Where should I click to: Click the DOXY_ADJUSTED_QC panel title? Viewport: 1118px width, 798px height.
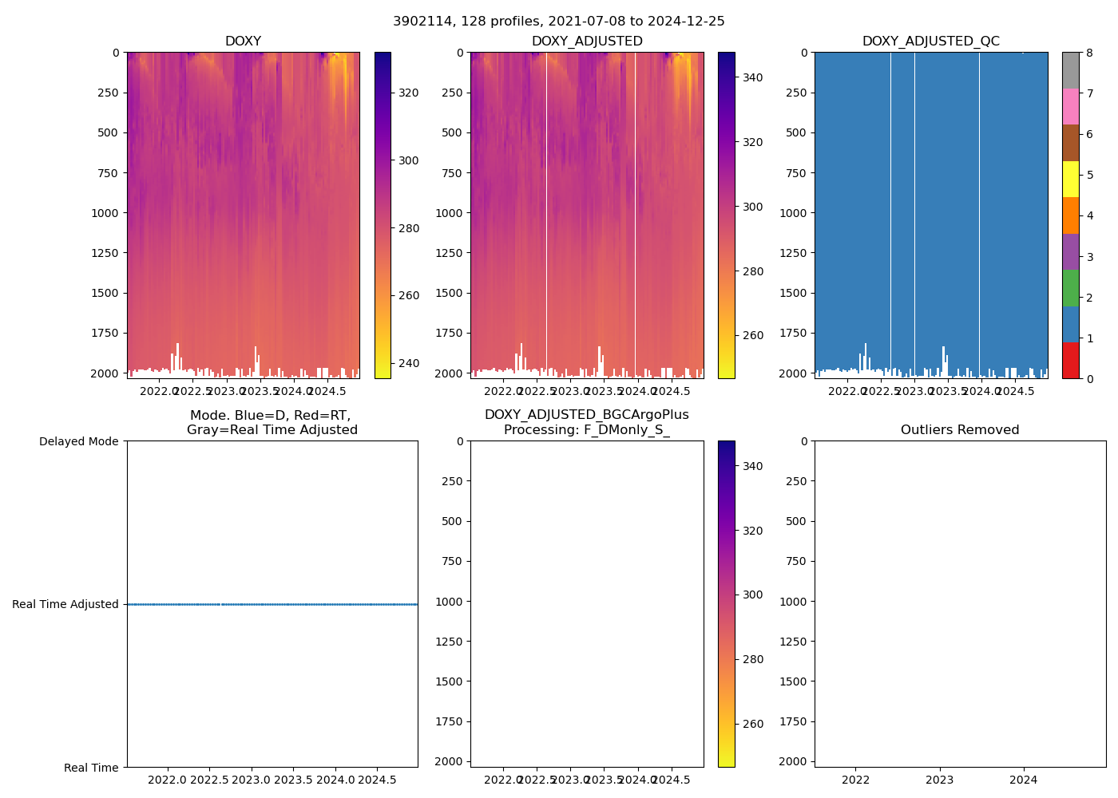point(930,41)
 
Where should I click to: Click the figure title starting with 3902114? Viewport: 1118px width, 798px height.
point(559,22)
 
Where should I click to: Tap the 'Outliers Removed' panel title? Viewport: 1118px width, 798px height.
point(960,430)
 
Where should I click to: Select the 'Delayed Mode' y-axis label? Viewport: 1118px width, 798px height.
point(78,441)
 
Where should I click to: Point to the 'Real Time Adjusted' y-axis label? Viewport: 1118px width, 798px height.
point(65,604)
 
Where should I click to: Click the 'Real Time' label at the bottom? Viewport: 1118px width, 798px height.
point(91,768)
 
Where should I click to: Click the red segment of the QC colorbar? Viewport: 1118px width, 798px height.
point(1070,361)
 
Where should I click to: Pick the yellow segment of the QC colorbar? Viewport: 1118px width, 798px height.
point(1070,179)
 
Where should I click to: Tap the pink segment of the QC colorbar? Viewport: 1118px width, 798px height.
point(1070,106)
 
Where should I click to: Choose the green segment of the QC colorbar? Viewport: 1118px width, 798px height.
point(1070,288)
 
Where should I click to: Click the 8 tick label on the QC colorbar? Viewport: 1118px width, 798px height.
point(1088,53)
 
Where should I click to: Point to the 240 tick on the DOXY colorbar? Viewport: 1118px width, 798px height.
point(409,363)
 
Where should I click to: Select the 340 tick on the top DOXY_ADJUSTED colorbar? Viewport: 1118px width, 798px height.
point(752,77)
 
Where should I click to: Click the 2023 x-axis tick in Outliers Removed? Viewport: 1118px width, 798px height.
point(939,779)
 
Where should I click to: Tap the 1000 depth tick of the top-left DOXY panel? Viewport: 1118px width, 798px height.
point(105,213)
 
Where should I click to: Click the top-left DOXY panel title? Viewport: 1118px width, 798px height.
point(243,41)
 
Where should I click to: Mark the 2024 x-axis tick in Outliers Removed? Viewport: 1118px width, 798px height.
point(1024,779)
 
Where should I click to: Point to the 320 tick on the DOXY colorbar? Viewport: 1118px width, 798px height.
point(409,93)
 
